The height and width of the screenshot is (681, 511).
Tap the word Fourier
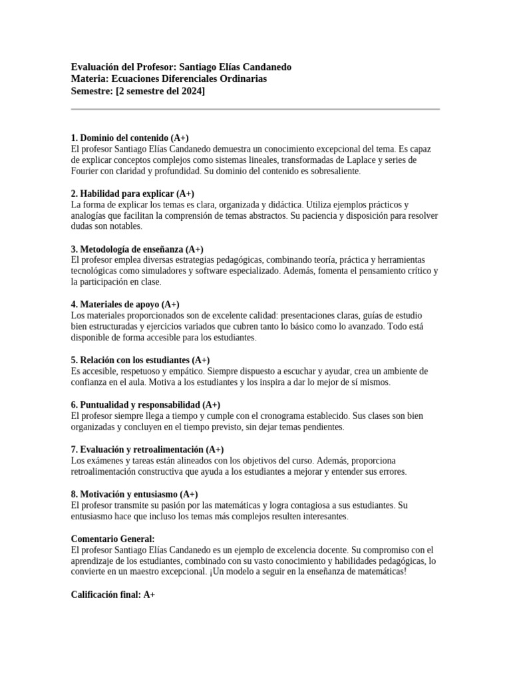(86, 171)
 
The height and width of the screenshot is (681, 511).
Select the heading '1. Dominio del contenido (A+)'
(130, 137)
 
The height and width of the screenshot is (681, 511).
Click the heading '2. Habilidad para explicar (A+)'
(132, 194)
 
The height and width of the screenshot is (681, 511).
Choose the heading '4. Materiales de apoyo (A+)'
(125, 304)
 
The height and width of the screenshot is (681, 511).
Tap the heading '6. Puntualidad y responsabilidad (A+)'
(146, 405)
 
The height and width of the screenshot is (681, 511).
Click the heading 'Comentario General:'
(112, 539)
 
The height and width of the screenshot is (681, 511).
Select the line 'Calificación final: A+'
(113, 595)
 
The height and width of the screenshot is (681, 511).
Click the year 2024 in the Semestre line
(190, 90)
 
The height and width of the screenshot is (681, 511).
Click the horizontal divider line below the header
(255, 109)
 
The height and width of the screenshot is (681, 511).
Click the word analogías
(92, 215)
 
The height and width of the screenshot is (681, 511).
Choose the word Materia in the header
(88, 78)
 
